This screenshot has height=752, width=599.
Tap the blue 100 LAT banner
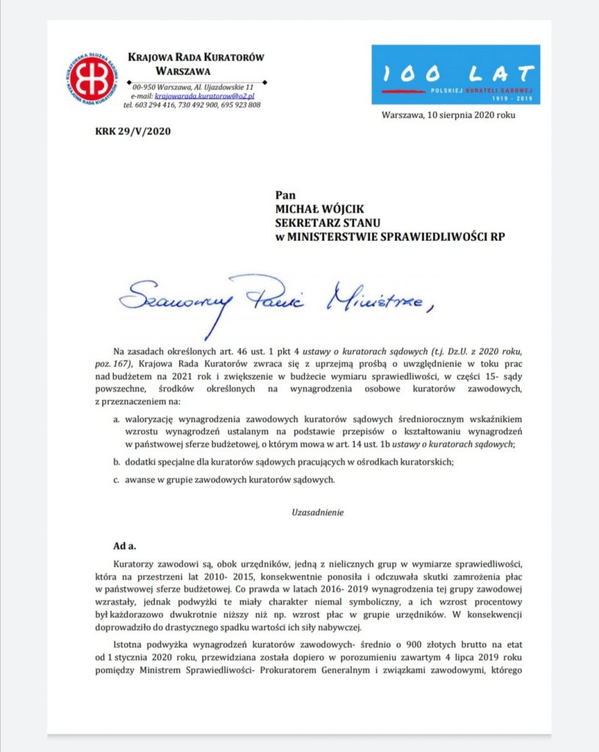(455, 74)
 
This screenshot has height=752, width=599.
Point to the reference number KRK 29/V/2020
(127, 133)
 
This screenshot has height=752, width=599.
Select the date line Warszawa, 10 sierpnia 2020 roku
(448, 116)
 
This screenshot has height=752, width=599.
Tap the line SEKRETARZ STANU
(324, 223)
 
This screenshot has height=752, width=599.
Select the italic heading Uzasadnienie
(313, 513)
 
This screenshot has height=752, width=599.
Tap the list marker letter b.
(116, 462)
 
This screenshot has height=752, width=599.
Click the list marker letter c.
(116, 480)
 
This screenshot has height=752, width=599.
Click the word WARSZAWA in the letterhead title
(183, 72)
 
